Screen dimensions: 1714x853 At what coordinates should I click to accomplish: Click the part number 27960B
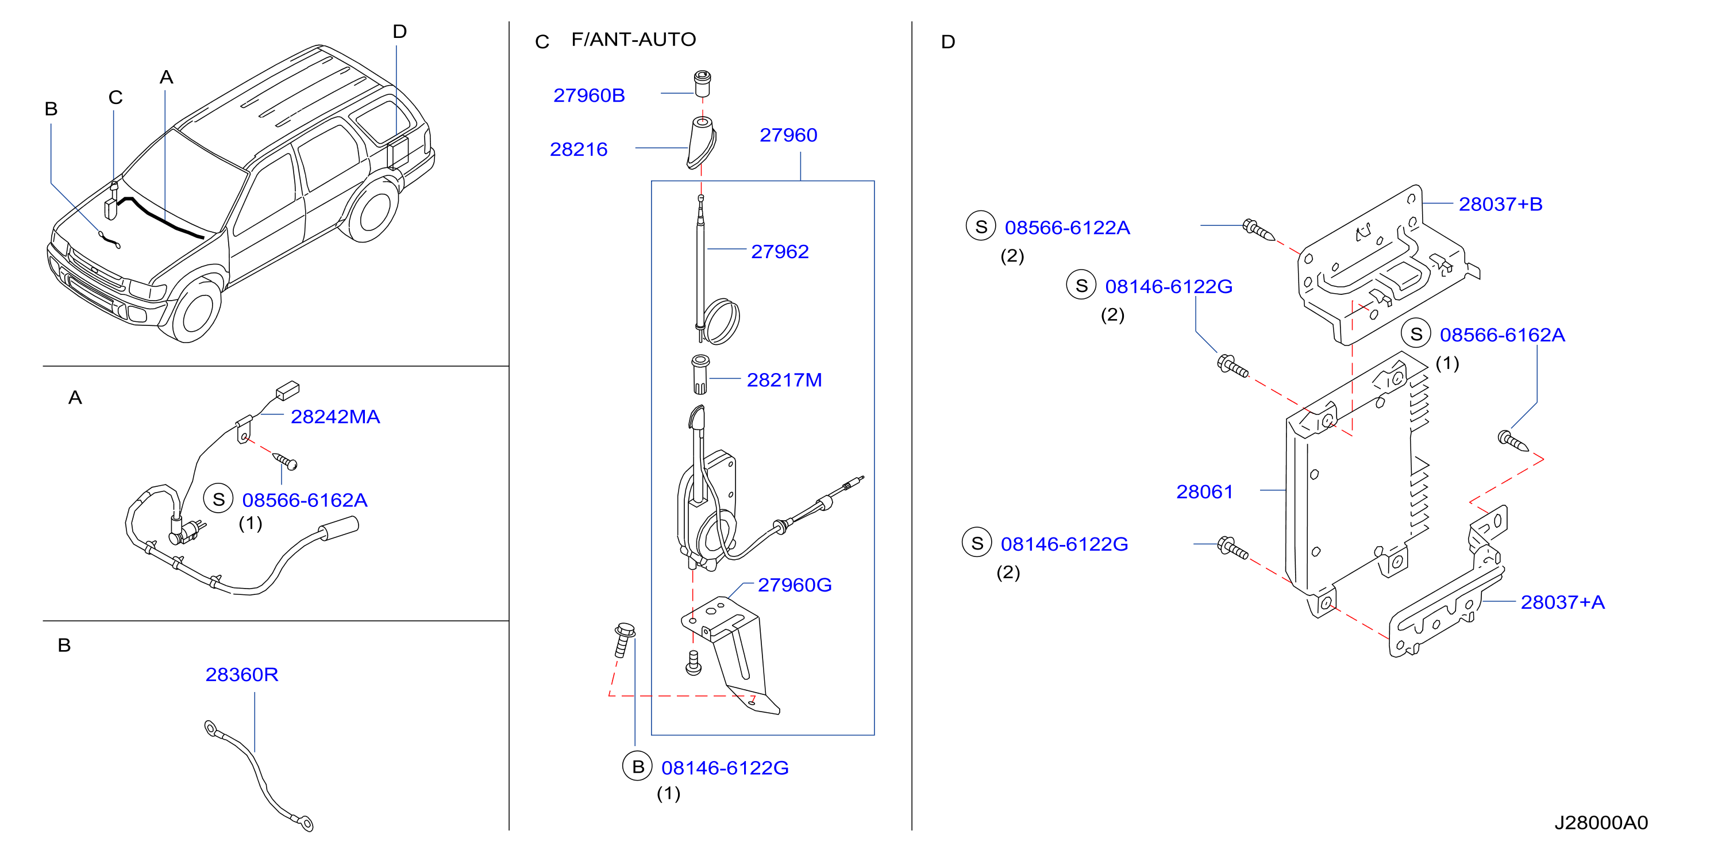[x=589, y=96]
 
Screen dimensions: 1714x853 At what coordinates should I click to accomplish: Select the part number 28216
[x=578, y=149]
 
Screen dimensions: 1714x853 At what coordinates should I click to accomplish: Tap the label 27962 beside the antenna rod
[x=780, y=252]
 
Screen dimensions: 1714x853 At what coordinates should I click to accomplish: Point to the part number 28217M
[x=784, y=381]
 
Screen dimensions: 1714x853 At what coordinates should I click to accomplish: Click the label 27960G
[x=795, y=586]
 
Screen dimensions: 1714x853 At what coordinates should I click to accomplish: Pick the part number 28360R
[x=241, y=675]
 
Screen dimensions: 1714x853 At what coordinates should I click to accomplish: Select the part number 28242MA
[x=336, y=417]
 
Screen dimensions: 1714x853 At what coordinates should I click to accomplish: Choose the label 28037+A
[x=1562, y=603]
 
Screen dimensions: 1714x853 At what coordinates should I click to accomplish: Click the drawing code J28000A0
[x=1601, y=824]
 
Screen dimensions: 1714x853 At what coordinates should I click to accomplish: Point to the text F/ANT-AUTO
[x=633, y=40]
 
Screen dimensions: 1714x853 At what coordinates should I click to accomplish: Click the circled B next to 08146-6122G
[x=637, y=767]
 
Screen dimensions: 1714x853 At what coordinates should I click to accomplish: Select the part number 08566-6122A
[x=1067, y=228]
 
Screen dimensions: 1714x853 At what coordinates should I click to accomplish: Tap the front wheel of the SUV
[x=198, y=312]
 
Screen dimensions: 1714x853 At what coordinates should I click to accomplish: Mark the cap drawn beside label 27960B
[x=702, y=83]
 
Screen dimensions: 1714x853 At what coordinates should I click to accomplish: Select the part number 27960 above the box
[x=788, y=136]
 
